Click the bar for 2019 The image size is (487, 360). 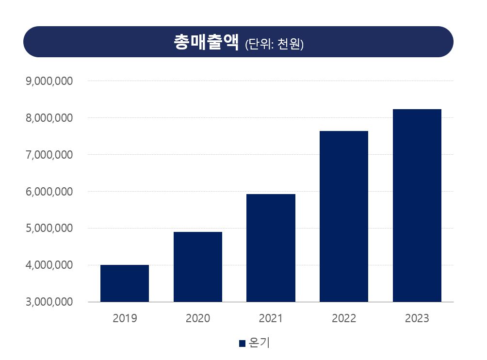pos(125,283)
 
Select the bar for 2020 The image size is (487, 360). pos(198,267)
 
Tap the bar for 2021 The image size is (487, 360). pos(271,248)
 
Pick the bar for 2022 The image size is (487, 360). pos(344,216)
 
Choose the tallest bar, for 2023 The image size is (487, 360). pos(417,205)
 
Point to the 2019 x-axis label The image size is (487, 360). pos(125,319)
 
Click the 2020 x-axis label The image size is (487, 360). pos(198,319)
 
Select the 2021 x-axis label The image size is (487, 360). pos(271,319)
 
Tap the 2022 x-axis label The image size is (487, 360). pos(344,319)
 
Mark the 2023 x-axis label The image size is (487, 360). pos(417,319)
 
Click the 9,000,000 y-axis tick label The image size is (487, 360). pos(49,81)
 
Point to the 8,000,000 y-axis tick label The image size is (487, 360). pos(49,118)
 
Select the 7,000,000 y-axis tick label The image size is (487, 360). pos(49,155)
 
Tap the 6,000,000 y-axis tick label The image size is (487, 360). pos(49,192)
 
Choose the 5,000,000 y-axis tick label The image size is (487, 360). pos(49,229)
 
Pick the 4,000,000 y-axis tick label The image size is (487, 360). pos(49,265)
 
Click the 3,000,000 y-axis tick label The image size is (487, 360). pos(49,302)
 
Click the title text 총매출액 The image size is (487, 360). pos(206,42)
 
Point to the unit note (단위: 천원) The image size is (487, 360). pos(275,44)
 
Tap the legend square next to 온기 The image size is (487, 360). pos(242,344)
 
